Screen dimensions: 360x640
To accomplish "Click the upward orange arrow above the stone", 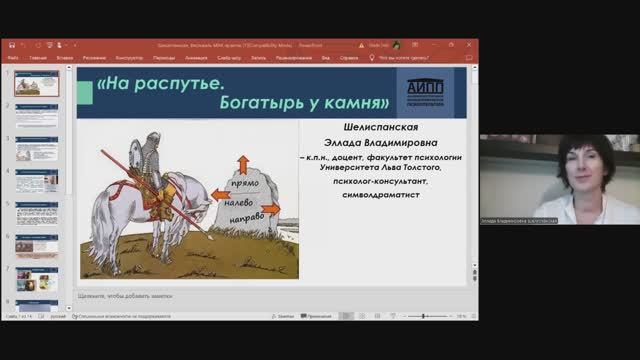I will (x=242, y=162).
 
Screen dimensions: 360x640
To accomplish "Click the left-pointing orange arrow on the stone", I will (x=216, y=194).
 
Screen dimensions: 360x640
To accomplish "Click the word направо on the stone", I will (x=245, y=214).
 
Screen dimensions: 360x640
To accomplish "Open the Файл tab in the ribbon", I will (x=13, y=58).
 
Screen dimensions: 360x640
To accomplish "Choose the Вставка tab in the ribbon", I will (x=65, y=58).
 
